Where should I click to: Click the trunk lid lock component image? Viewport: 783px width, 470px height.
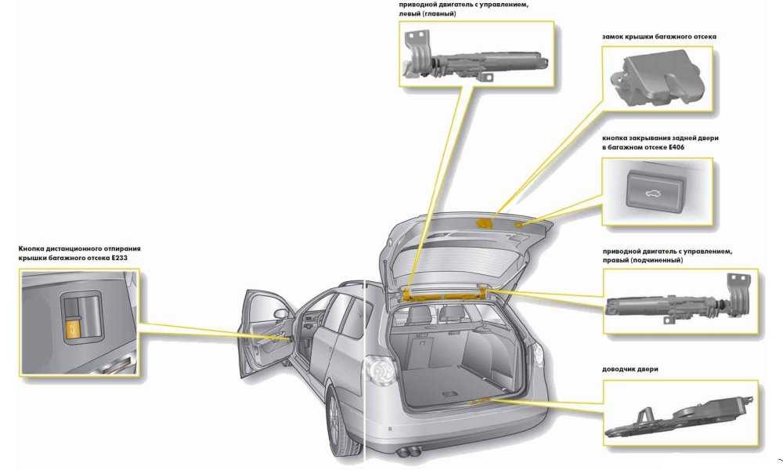pos(659,78)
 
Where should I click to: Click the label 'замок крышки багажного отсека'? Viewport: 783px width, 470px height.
pos(659,37)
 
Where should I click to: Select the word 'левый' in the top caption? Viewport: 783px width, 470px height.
pos(412,14)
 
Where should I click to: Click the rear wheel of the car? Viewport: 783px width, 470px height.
pos(339,427)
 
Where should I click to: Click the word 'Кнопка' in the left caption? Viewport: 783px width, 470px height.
pos(36,248)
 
